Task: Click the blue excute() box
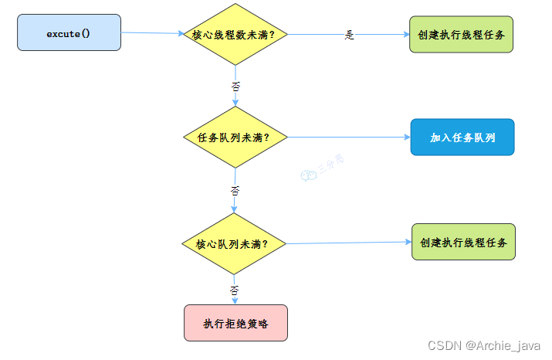pyautogui.click(x=69, y=32)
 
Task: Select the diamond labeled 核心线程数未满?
pyautogui.click(x=234, y=35)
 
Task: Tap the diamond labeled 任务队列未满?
pyautogui.click(x=235, y=138)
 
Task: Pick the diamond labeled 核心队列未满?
pyautogui.click(x=234, y=243)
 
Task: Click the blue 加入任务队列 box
pyautogui.click(x=462, y=138)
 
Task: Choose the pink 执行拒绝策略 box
pyautogui.click(x=235, y=322)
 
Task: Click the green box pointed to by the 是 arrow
pyautogui.click(x=461, y=35)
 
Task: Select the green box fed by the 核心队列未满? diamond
pyautogui.click(x=462, y=242)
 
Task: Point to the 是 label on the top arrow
pyautogui.click(x=349, y=36)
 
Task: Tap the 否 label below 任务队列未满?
pyautogui.click(x=235, y=189)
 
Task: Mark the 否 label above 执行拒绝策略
pyautogui.click(x=235, y=290)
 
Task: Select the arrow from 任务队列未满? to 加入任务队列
pyautogui.click(x=347, y=138)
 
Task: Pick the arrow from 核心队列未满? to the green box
pyautogui.click(x=347, y=243)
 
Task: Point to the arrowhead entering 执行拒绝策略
pyautogui.click(x=235, y=301)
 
